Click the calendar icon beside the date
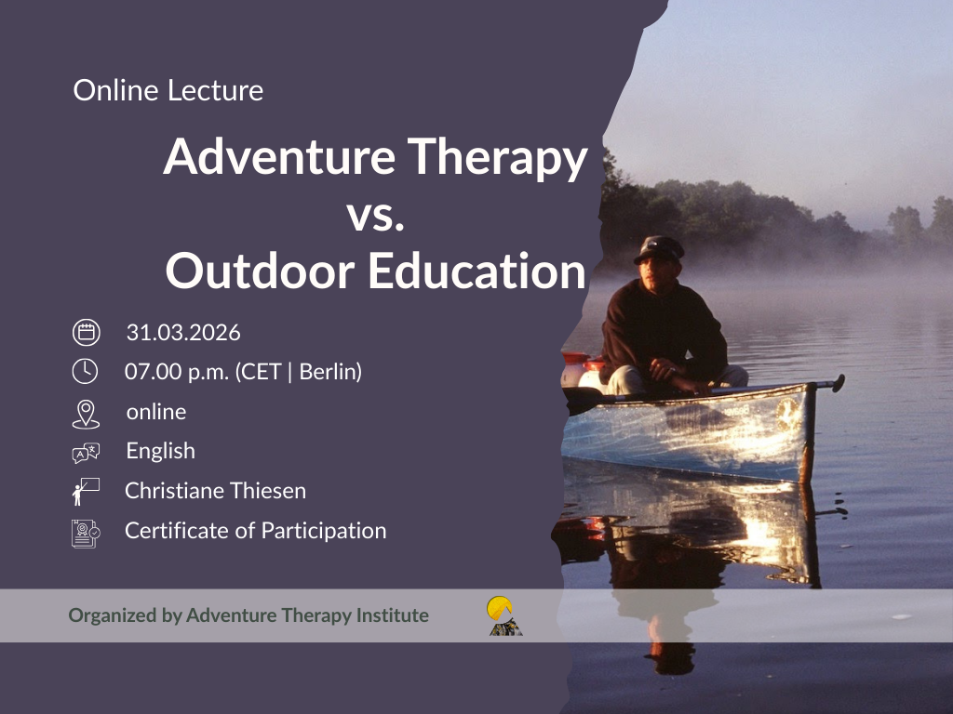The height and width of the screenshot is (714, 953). coord(87,333)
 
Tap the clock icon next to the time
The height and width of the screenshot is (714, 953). coord(85,371)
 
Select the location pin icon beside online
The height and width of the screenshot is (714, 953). coord(86,414)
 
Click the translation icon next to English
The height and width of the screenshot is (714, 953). coord(86,453)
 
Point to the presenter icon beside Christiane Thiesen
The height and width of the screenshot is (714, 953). coord(85,492)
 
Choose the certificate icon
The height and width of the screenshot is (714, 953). coord(86,534)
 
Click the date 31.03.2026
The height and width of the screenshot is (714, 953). coord(183,333)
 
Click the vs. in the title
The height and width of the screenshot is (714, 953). coord(376,215)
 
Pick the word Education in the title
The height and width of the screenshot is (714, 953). coord(477,271)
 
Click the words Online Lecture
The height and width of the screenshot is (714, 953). coord(168,90)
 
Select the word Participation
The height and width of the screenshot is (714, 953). coord(324,531)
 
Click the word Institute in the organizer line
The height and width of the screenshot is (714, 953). coord(393,615)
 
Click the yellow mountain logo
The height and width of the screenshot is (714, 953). coord(504,615)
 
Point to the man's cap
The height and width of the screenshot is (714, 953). coord(659,249)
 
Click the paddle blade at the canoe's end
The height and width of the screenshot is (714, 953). coord(839,383)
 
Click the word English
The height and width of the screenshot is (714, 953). coord(160,452)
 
